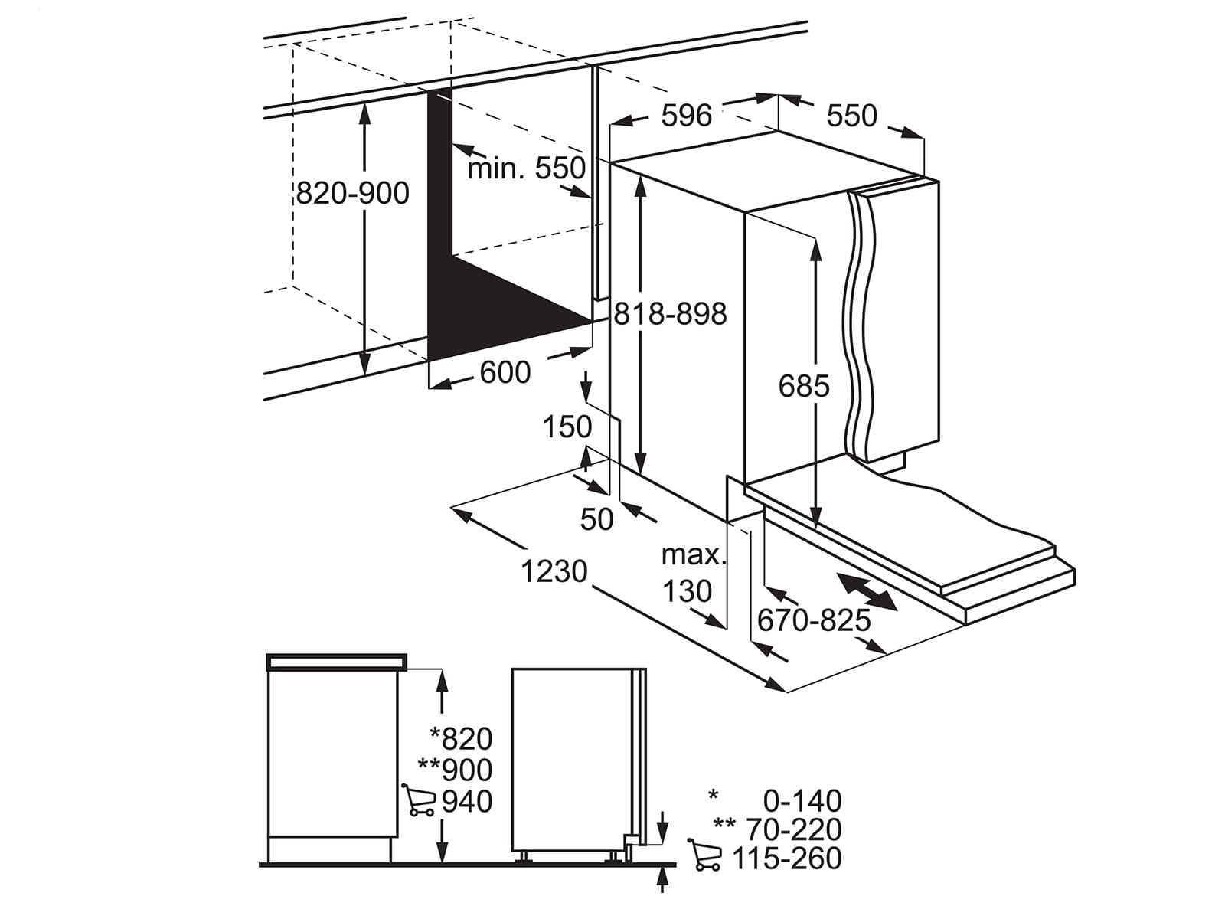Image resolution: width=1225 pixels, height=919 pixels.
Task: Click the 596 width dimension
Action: click(687, 116)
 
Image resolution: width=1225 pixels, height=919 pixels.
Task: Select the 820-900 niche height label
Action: click(353, 194)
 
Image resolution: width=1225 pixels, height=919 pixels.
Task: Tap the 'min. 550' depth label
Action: click(526, 168)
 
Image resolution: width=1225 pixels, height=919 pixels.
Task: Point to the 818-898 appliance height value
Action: click(670, 314)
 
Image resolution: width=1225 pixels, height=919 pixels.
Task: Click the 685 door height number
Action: click(804, 386)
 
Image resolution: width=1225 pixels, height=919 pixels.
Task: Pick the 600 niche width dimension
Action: click(505, 372)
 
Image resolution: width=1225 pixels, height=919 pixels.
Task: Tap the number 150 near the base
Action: click(567, 427)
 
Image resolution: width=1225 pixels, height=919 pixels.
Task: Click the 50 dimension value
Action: click(596, 519)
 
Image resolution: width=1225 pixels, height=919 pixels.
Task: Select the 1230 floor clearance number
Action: click(554, 571)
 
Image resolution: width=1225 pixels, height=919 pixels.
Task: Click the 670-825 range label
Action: click(814, 620)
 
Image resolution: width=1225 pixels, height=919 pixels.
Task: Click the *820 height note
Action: click(461, 739)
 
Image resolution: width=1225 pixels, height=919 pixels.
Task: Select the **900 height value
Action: click(455, 770)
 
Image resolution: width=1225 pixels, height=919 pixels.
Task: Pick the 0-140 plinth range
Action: click(802, 801)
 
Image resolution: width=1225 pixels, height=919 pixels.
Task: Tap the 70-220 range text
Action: click(794, 829)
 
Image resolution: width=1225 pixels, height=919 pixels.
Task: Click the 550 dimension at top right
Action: click(851, 116)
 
